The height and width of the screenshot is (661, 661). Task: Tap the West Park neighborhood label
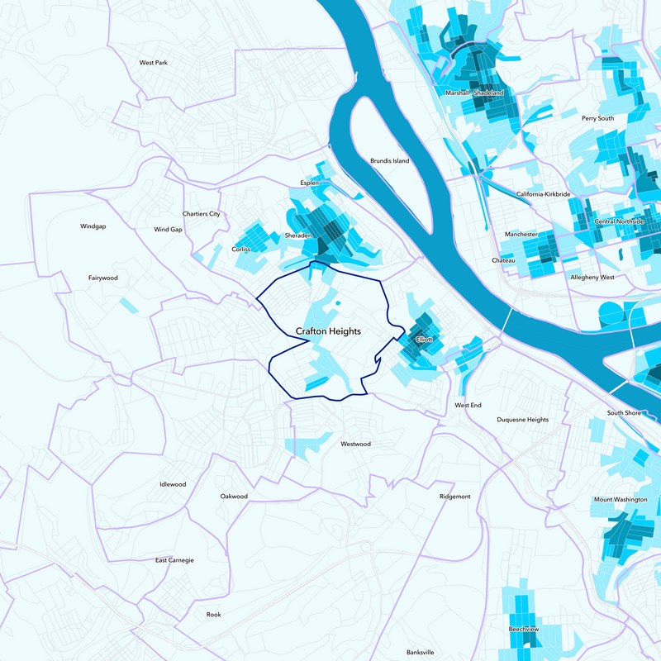154,62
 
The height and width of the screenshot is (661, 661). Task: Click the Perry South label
598,118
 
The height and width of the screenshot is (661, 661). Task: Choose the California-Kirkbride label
544,193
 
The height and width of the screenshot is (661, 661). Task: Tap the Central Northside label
619,221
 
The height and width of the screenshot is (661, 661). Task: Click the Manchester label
521,235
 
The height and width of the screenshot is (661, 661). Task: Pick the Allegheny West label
592,278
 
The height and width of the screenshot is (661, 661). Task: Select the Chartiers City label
202,213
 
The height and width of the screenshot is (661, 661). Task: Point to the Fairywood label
103,278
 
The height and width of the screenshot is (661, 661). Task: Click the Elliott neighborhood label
425,340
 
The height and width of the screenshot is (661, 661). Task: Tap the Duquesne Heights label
522,420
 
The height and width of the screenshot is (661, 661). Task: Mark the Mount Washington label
621,500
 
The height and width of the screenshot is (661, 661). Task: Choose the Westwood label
355,444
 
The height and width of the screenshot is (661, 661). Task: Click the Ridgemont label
455,497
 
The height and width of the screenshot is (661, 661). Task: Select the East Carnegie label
174,560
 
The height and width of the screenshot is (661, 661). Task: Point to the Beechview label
524,630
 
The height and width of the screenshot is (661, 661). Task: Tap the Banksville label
421,652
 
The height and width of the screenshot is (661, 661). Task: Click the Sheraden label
299,235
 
